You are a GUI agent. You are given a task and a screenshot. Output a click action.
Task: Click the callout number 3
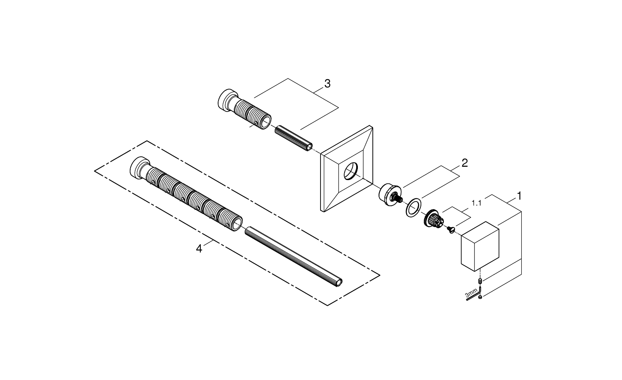327,83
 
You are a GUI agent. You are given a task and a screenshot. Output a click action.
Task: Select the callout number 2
464,163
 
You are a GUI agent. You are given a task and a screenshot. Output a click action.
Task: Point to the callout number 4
199,248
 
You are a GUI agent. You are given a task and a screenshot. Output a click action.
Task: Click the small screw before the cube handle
451,229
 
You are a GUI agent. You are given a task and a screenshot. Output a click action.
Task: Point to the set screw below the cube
480,282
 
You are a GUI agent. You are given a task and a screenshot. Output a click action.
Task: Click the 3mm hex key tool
473,297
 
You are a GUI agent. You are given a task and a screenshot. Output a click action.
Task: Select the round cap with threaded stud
389,195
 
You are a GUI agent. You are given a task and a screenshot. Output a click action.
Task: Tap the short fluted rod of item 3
293,138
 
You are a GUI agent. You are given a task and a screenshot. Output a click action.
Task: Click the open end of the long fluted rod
340,282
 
